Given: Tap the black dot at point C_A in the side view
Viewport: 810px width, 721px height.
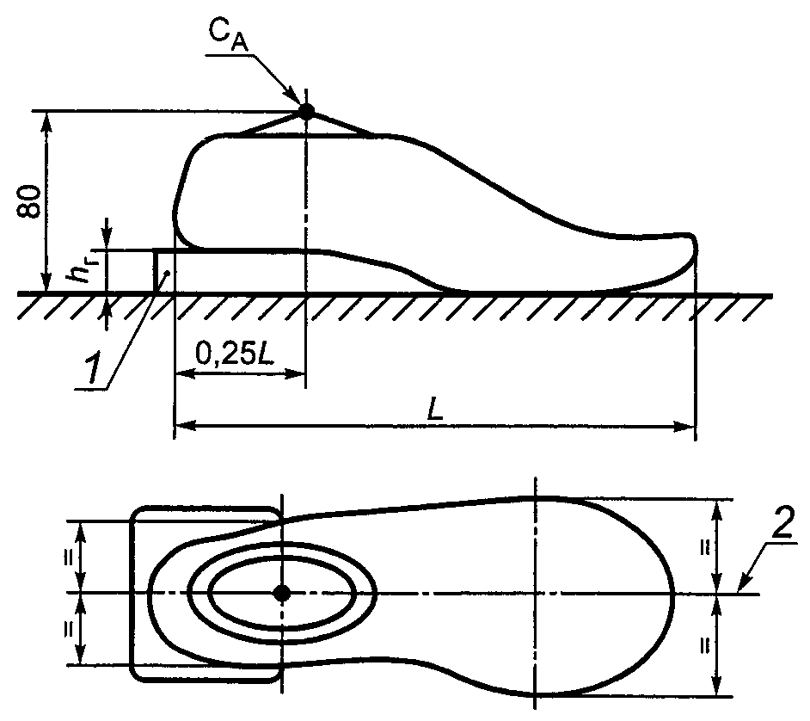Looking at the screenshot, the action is pos(306,111).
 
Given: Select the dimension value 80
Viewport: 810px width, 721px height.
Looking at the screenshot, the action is pos(29,201).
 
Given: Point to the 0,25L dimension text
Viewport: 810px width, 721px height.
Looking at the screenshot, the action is pos(235,354).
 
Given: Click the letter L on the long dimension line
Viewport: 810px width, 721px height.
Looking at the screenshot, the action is pos(434,410).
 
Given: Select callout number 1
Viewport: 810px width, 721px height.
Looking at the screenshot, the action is pos(94,370).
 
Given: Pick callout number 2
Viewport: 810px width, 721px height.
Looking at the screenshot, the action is pos(782,524).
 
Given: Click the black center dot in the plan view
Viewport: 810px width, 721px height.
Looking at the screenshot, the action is pos(281,594).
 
